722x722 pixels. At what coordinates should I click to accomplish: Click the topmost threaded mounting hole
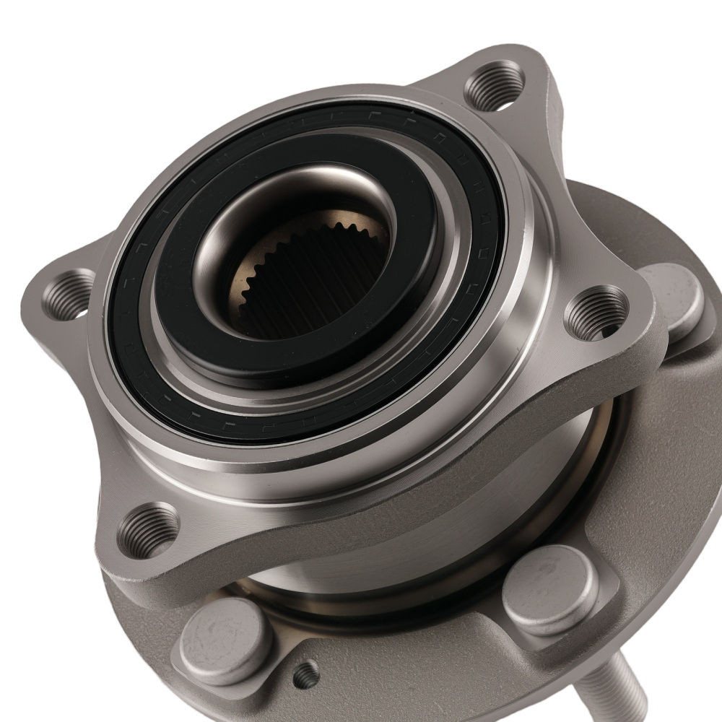[495, 85]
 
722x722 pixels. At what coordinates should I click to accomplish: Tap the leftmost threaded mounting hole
[69, 294]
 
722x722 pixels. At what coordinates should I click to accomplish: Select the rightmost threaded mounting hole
[596, 312]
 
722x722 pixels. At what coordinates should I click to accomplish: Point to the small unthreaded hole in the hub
[306, 674]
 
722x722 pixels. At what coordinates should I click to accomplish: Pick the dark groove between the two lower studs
[383, 614]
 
